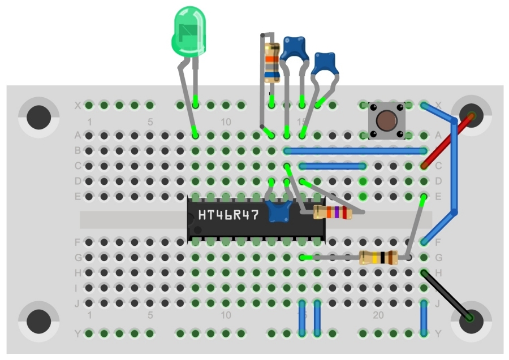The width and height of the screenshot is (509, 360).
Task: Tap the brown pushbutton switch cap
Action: click(387, 120)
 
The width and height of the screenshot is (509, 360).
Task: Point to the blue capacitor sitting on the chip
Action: click(277, 211)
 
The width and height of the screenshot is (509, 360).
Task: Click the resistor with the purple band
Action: click(333, 212)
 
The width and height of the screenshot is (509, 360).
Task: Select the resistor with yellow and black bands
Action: click(378, 258)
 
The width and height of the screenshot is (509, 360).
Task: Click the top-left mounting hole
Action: click(39, 117)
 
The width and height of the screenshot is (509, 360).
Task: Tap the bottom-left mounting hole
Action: click(39, 321)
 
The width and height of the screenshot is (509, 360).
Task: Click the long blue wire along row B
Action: click(356, 151)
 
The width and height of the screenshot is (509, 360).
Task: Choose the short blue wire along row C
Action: click(333, 166)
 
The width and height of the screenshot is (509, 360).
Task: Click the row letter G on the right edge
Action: click(439, 258)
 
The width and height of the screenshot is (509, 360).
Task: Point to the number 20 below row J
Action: click(378, 315)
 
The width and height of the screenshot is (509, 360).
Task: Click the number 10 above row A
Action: click(226, 122)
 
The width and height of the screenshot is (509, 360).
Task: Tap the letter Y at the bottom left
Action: click(77, 333)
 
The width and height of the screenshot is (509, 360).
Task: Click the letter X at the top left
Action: click(77, 105)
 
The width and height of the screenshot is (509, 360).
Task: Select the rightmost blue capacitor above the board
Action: click(325, 64)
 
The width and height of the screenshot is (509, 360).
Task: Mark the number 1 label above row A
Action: click(89, 122)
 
